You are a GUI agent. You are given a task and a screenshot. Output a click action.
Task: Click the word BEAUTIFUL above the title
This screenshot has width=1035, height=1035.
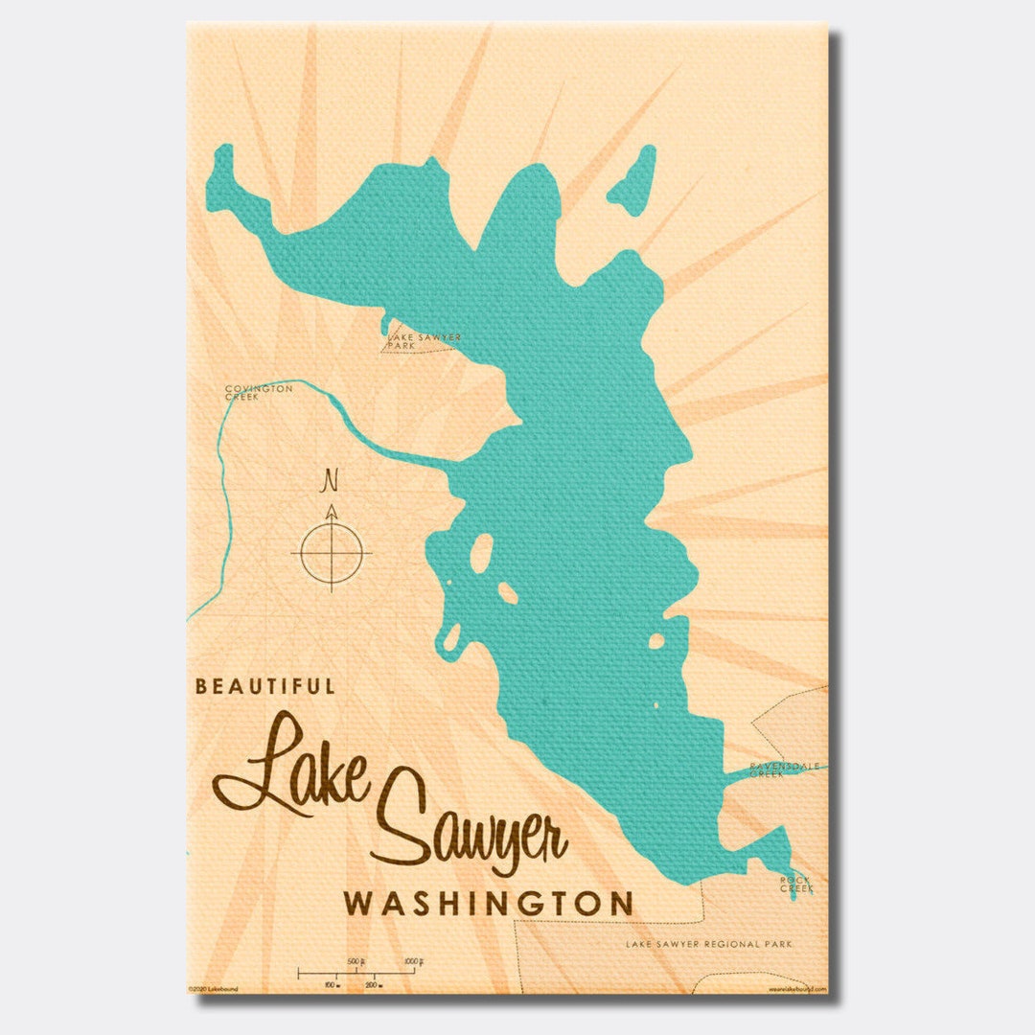pos(265,686)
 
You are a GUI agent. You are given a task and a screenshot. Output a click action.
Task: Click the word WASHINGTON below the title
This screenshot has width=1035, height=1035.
pos(489,904)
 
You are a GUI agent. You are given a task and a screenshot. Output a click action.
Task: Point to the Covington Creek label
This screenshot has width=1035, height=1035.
pos(259,392)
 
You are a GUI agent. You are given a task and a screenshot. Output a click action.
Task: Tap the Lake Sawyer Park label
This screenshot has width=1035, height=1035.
pos(425,340)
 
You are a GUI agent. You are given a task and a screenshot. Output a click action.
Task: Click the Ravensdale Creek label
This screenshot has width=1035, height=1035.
pos(779,770)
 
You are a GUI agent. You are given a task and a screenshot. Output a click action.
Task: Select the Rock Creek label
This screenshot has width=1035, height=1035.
pos(795,885)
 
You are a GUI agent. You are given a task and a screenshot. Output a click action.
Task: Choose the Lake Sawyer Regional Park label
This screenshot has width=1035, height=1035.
pos(709,944)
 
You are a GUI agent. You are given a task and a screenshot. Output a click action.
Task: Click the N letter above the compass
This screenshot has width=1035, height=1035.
pos(332,479)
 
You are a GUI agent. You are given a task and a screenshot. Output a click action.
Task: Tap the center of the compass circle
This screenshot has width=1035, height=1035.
pos(332,553)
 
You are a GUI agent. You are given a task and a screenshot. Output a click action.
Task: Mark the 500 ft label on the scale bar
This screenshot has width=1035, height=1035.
pos(356,961)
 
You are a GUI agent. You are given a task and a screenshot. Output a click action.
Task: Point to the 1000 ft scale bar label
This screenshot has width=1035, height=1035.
pos(413,961)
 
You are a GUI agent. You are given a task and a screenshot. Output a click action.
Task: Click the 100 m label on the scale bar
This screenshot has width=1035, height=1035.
pos(331,984)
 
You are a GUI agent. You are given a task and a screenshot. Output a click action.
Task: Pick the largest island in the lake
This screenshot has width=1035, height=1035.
pos(481,553)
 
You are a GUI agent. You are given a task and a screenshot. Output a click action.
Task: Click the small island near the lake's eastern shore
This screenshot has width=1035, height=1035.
pos(656,641)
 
